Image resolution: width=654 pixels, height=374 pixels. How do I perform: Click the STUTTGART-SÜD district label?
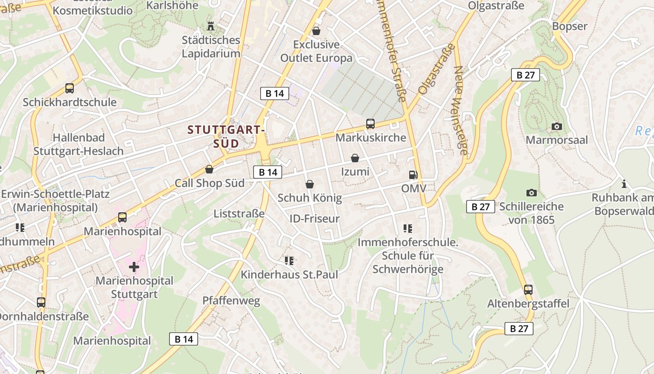(226, 136)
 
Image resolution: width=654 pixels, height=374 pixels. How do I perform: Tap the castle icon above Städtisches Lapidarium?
(211, 25)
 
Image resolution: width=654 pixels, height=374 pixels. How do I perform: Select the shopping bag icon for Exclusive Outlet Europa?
(316, 31)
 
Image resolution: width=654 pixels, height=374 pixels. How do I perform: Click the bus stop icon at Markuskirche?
(370, 124)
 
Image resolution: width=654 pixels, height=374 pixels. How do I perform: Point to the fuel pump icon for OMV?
(413, 175)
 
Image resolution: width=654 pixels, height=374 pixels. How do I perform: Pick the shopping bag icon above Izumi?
(355, 158)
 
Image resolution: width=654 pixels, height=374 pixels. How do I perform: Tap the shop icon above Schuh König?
(309, 184)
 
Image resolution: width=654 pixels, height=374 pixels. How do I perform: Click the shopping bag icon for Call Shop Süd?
(209, 169)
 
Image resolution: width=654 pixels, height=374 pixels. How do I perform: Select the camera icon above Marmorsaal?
(556, 126)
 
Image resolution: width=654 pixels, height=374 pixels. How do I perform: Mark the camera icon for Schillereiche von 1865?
(531, 193)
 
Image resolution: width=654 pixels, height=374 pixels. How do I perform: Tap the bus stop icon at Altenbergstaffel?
(528, 290)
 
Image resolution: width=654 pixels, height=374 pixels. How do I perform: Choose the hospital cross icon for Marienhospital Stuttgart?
(134, 267)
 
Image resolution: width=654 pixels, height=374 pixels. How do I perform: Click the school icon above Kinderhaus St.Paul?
(289, 260)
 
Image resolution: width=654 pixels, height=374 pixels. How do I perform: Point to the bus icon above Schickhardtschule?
(69, 88)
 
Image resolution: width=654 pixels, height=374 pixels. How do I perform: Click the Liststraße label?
(239, 214)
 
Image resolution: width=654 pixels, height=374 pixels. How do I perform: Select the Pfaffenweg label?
(231, 301)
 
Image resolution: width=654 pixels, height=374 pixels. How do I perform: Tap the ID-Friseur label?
(314, 219)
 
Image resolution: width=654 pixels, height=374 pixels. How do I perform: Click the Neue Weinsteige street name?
(460, 110)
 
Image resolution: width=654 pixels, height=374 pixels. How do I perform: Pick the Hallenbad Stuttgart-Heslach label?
(78, 144)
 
